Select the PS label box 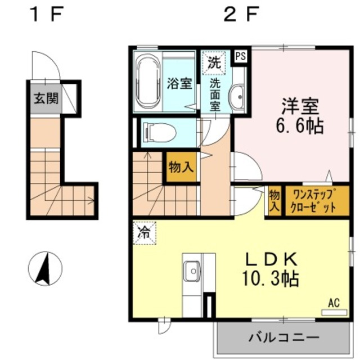(x=241, y=56)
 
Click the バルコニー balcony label (x=283, y=338)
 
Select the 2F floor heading (x=238, y=15)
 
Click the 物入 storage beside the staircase (x=181, y=167)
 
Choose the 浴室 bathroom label (x=179, y=84)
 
